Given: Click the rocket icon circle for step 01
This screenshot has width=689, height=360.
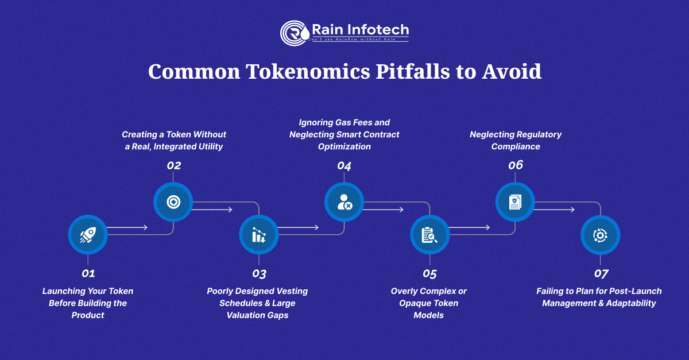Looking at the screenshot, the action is (x=88, y=235).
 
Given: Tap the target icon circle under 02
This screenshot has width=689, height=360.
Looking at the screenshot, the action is (x=173, y=202).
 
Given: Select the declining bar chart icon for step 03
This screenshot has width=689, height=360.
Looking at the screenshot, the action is (x=259, y=235).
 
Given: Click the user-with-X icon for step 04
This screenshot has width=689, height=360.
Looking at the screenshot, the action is (x=344, y=202).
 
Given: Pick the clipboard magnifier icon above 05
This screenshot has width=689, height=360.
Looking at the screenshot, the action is (x=429, y=235).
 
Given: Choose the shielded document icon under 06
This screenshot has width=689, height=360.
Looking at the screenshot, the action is (x=515, y=202).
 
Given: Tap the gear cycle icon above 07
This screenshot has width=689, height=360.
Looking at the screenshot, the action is (x=600, y=235).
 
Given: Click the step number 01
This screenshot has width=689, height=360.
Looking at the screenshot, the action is (x=88, y=273).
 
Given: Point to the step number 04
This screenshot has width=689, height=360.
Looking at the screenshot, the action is (x=344, y=166).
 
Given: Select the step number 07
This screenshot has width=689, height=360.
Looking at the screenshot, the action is (x=601, y=273).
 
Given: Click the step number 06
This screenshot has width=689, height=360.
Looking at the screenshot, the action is (x=516, y=165).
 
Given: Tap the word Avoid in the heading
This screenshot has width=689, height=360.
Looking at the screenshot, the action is (x=511, y=71).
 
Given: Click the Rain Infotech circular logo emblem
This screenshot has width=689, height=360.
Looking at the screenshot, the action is (x=295, y=33).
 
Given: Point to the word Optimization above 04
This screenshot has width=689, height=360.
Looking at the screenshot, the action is (x=344, y=146).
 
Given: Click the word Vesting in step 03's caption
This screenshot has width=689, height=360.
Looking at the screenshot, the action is (x=292, y=291).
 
